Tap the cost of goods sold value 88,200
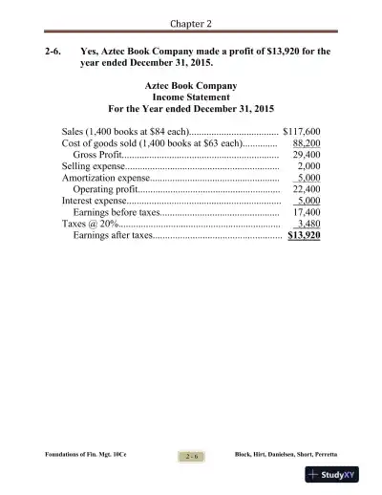pyautogui.click(x=306, y=142)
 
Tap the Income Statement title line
pyautogui.click(x=190, y=97)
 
